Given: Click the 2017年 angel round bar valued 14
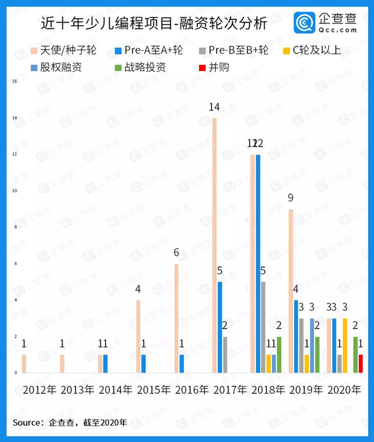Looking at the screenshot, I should (x=215, y=245).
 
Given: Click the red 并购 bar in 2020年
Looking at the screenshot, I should (x=360, y=363).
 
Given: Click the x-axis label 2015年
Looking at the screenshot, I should (x=153, y=390).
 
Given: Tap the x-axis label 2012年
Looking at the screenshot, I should (x=40, y=390).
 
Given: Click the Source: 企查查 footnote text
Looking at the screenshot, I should (x=70, y=423).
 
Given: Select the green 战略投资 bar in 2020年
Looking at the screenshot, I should (x=355, y=354).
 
